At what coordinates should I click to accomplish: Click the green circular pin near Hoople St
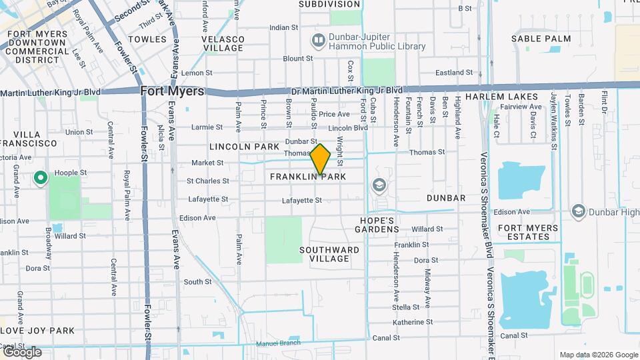[40, 178]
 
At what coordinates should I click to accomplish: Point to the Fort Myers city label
[173, 91]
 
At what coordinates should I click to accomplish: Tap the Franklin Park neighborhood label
[309, 177]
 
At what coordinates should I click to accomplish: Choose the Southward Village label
[329, 254]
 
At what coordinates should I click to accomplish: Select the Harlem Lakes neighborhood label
[501, 97]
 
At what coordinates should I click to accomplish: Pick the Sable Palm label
[541, 39]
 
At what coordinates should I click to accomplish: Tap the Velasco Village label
[223, 44]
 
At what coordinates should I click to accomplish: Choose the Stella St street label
[406, 307]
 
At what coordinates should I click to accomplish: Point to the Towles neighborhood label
[147, 39]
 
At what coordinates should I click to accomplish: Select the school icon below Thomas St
[379, 185]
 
